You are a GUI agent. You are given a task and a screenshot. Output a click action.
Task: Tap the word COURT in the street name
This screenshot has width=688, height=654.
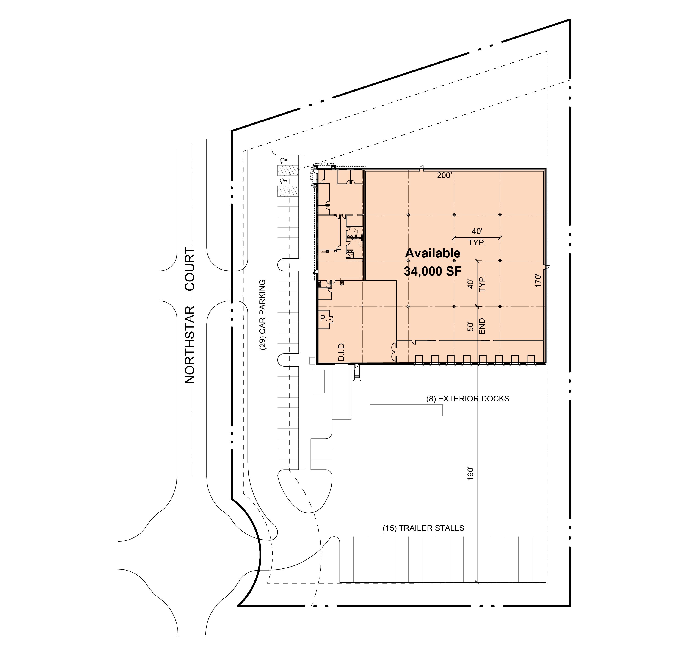[x=190, y=269]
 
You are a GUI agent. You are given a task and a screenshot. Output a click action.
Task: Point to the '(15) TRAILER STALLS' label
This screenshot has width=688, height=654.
[x=423, y=528]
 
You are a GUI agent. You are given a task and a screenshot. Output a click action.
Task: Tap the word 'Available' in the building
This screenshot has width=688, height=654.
[x=433, y=253]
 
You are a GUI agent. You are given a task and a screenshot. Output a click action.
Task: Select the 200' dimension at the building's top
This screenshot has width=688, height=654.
[x=444, y=175]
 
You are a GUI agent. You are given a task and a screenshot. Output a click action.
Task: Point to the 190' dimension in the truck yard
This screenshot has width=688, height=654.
[x=471, y=474]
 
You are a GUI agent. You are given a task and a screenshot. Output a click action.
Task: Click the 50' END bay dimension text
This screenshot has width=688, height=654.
[x=476, y=326]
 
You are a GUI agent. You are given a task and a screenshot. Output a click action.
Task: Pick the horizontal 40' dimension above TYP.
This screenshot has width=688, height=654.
[x=477, y=231]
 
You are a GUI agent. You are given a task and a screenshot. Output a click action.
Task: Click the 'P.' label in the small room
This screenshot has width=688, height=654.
[x=323, y=318]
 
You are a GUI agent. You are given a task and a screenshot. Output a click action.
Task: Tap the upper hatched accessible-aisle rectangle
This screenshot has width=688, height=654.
[x=288, y=170]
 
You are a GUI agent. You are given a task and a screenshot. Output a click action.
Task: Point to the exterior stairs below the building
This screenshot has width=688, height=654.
[x=356, y=373]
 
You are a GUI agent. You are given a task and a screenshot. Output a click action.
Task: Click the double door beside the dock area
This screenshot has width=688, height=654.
[x=394, y=352]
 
